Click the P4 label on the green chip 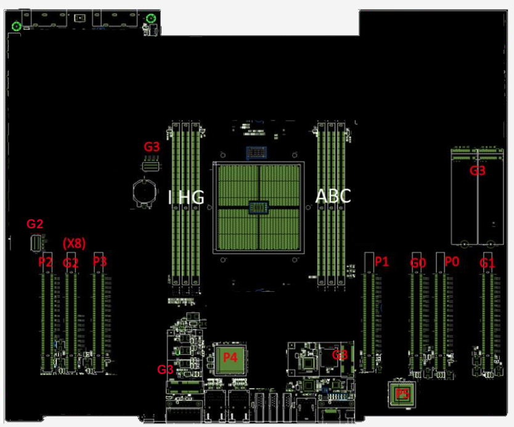230,357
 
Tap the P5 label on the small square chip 402,393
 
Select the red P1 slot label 382,262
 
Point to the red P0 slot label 452,262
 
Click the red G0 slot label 418,263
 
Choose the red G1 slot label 487,263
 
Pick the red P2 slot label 45,262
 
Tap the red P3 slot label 100,262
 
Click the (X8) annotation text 74,243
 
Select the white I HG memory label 186,197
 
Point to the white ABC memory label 333,196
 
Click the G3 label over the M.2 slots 478,171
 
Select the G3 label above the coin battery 152,147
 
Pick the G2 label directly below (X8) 71,263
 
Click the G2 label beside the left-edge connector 35,223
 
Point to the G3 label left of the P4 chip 165,370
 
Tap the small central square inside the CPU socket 258,207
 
